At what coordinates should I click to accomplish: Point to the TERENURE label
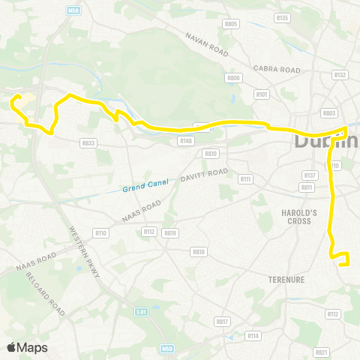[285, 280]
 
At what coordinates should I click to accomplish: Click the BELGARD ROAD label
[56, 295]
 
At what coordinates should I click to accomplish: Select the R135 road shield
[282, 16]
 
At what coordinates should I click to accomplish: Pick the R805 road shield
[231, 24]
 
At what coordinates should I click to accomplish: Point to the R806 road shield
[233, 77]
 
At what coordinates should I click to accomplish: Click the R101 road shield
[262, 94]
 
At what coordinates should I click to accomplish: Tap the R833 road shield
[88, 142]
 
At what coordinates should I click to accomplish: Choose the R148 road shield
[185, 140]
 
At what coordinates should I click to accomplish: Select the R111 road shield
[245, 179]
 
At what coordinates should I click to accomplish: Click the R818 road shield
[199, 252]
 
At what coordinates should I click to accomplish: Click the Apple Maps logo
[27, 347]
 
